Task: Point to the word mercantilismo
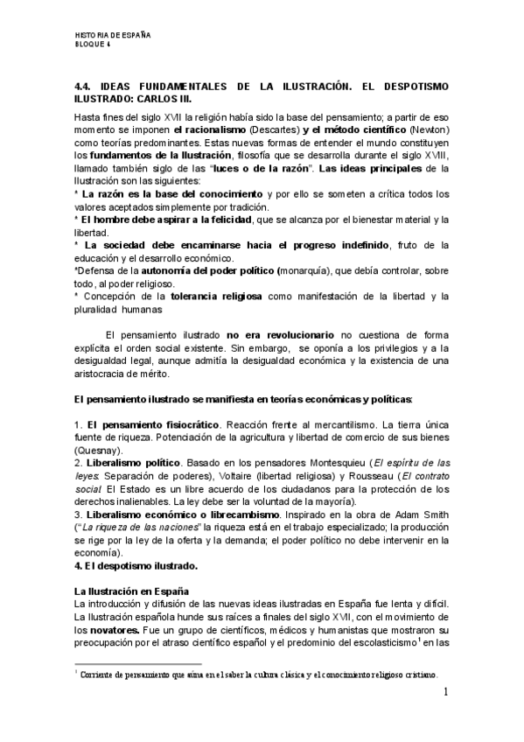[x=335, y=424]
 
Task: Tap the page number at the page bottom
[x=445, y=694]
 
